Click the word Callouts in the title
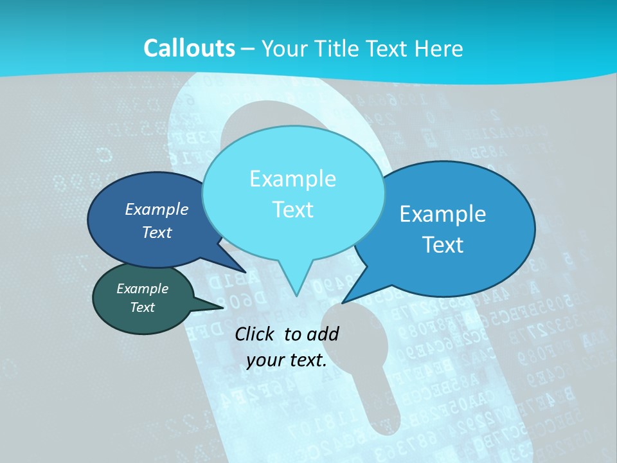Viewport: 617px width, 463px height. [x=189, y=48]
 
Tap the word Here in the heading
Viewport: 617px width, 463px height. [x=439, y=48]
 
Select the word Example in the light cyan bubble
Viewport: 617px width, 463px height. [x=292, y=179]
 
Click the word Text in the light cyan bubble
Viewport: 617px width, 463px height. [x=292, y=210]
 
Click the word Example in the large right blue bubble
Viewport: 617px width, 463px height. [x=443, y=214]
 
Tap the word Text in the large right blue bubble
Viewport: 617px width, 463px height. [x=443, y=245]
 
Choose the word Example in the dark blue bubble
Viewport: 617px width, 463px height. [x=157, y=209]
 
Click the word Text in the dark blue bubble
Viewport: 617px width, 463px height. [x=157, y=232]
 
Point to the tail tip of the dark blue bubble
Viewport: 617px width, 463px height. [x=245, y=272]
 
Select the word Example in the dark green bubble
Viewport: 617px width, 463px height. [x=142, y=289]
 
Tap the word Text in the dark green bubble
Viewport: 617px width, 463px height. [x=142, y=307]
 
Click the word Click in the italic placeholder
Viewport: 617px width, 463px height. [x=256, y=334]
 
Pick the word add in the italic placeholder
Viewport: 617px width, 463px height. [x=323, y=334]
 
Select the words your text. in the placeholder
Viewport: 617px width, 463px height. [x=287, y=360]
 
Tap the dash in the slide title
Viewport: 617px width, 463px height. [x=247, y=49]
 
